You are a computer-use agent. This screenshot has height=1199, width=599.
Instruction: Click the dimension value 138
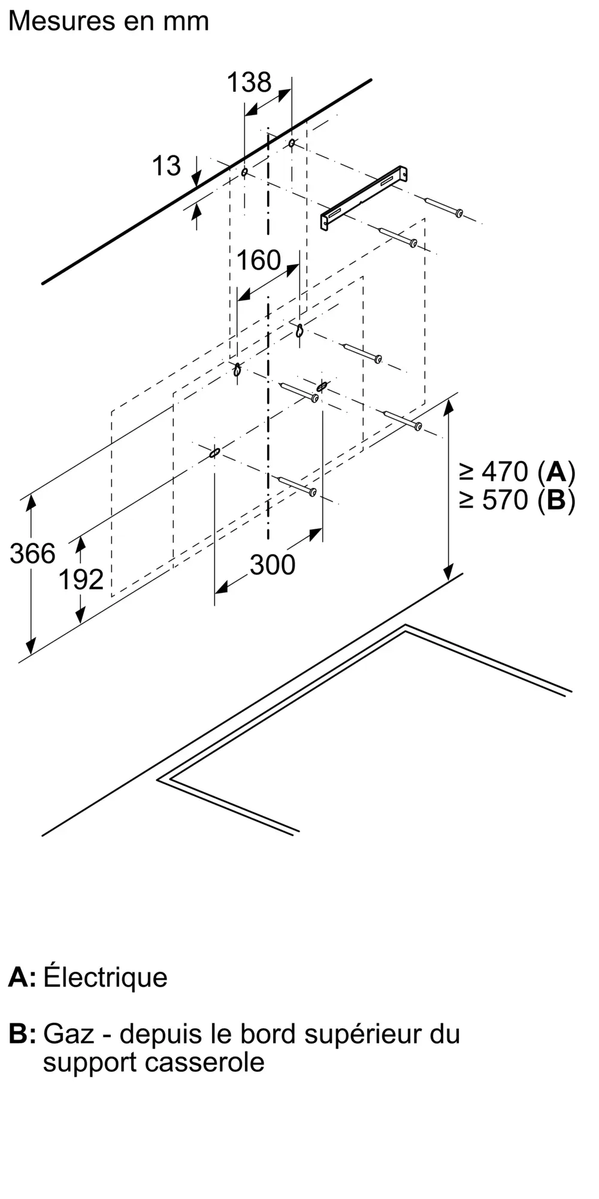point(249,83)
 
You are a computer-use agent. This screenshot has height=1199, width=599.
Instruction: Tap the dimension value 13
point(166,166)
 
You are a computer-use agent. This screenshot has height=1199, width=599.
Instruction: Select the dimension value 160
point(259,260)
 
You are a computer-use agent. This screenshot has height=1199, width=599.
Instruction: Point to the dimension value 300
point(273,565)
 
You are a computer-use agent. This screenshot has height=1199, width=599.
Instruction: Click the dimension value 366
point(32,553)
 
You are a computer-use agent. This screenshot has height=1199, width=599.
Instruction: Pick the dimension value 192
point(81,580)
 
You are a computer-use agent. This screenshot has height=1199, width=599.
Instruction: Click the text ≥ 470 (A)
point(517,472)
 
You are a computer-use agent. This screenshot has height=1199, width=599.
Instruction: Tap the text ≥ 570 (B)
point(517,500)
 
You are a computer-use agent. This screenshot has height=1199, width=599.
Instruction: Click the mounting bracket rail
point(364,197)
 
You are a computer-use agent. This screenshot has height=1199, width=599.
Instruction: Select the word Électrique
point(105,978)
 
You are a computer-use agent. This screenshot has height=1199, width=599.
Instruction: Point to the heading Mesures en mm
point(108,22)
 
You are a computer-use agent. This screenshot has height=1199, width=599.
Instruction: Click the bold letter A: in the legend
point(22,978)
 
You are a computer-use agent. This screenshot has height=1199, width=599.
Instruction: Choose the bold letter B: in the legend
point(22,1035)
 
